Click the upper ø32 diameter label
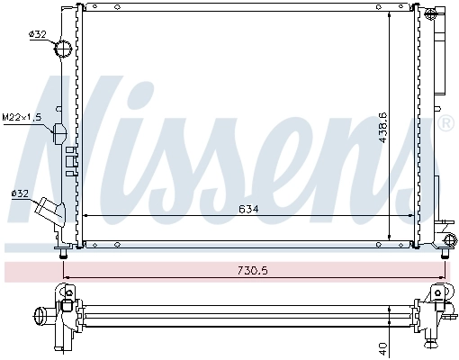pyautogui.click(x=37, y=34)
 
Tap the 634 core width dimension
pyautogui.click(x=248, y=209)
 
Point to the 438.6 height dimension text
pyautogui.click(x=382, y=127)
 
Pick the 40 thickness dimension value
pyautogui.click(x=383, y=347)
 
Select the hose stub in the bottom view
pyautogui.click(x=42, y=316)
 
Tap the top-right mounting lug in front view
pyautogui.click(x=431, y=13)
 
